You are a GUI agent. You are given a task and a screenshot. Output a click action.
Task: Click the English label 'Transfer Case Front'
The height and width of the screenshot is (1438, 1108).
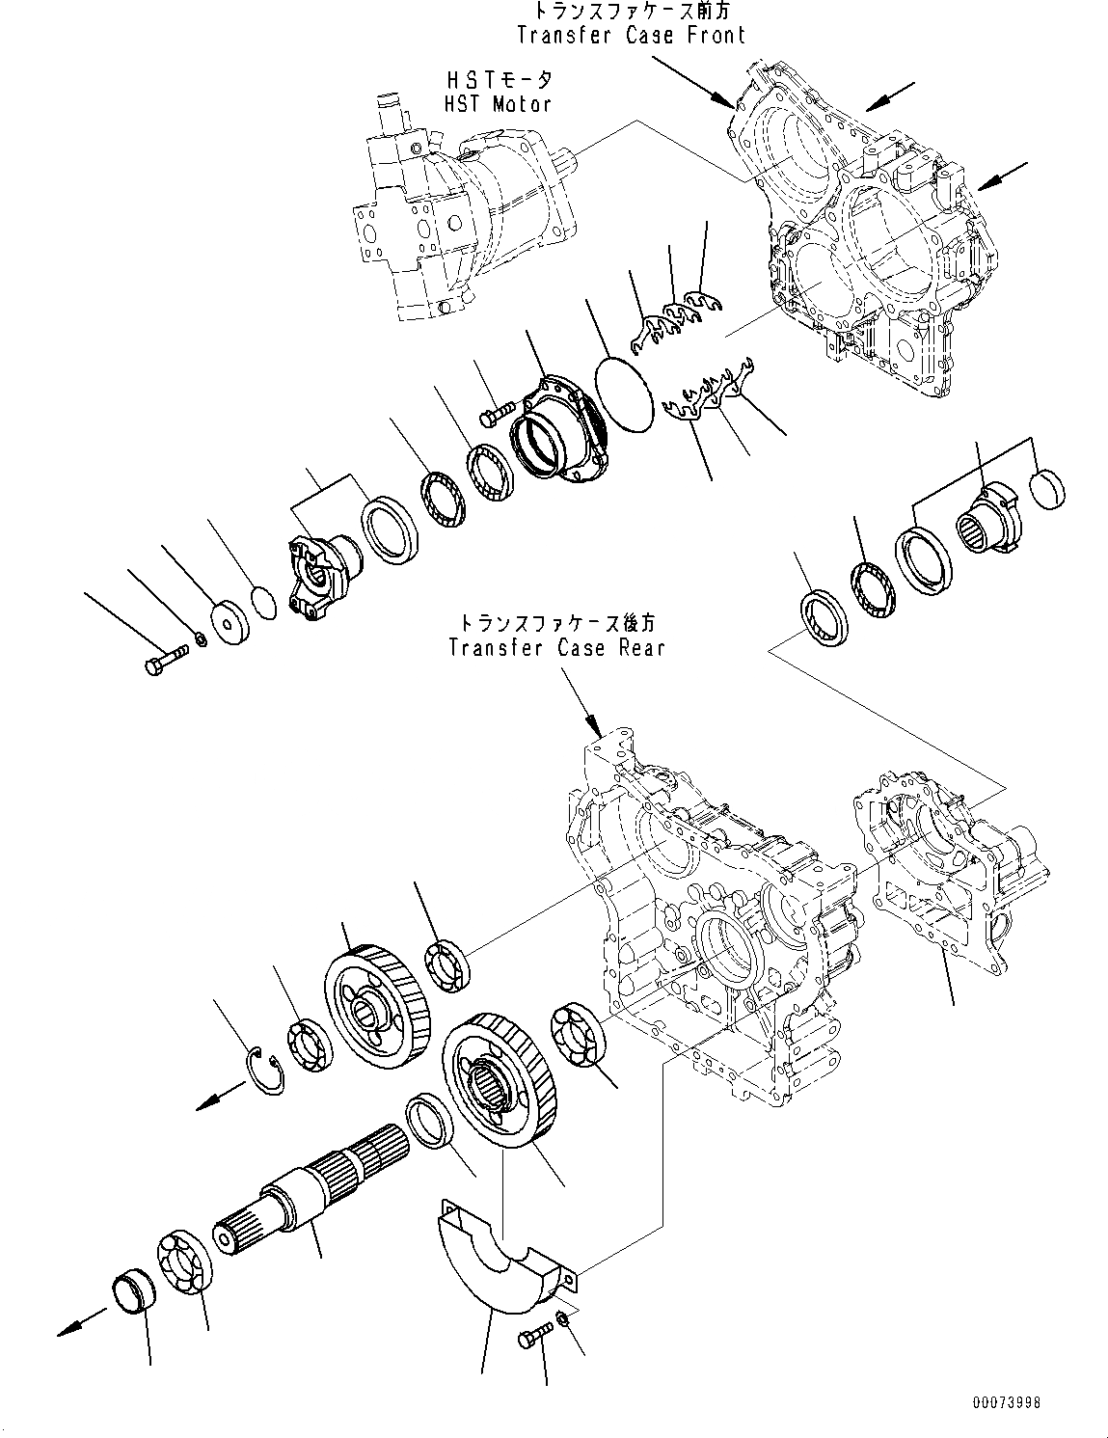[x=631, y=36]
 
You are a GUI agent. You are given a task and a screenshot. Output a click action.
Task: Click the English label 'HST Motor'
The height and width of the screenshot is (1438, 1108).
[x=499, y=103]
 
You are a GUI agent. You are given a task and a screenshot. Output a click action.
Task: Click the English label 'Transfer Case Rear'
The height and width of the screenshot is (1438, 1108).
[x=556, y=647]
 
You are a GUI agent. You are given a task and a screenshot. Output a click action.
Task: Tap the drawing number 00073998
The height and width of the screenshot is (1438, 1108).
[x=1001, y=1404]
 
